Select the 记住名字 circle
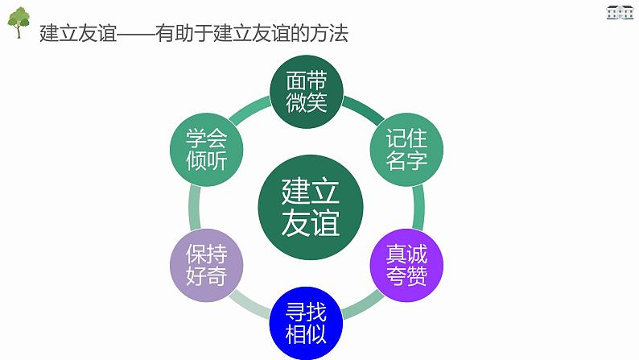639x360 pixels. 406,148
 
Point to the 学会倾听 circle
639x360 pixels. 207,148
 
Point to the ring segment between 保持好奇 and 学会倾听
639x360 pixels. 194,206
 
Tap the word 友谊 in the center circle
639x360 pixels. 310,222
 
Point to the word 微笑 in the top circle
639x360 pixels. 307,103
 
